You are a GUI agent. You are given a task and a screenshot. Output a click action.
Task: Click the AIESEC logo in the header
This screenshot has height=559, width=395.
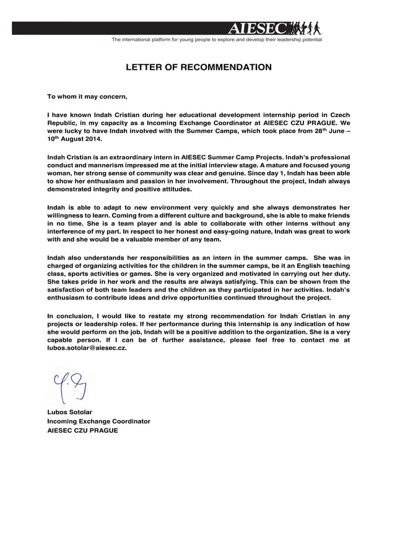click(x=258, y=28)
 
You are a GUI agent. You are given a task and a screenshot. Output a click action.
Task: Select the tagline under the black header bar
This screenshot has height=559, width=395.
click(x=216, y=40)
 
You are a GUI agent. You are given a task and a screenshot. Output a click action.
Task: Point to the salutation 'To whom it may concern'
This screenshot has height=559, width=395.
click(x=87, y=97)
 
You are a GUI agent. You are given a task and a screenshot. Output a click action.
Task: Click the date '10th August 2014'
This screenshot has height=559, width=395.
click(x=71, y=141)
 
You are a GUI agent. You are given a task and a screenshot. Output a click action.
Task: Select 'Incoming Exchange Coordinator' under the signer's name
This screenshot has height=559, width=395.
click(x=99, y=421)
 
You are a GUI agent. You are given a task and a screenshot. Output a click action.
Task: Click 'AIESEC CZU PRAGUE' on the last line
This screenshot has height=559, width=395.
click(x=82, y=430)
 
